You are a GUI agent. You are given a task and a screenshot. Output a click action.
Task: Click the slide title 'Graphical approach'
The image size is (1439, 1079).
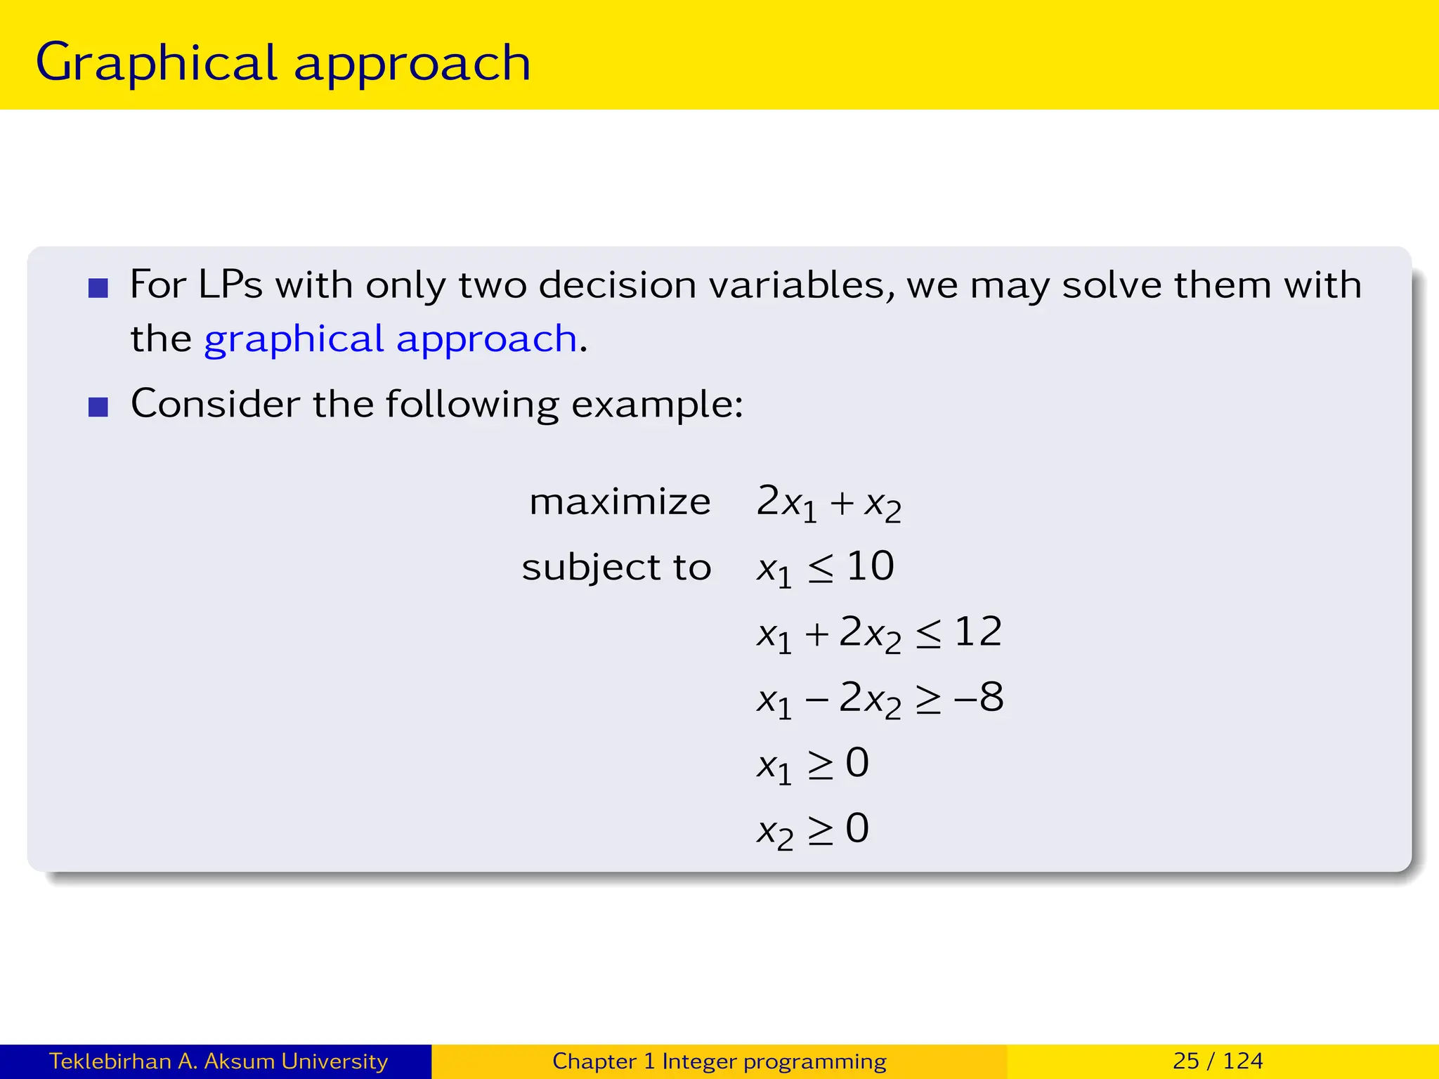pyautogui.click(x=282, y=63)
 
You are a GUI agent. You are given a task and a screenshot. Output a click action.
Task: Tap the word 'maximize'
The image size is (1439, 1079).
pyautogui.click(x=620, y=502)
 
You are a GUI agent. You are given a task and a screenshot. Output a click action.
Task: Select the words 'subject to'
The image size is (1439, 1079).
pyautogui.click(x=616, y=568)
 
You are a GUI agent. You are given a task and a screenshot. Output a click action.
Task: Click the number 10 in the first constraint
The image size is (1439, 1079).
pyautogui.click(x=870, y=566)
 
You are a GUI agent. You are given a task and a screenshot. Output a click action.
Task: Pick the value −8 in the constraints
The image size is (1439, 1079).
pyautogui.click(x=979, y=698)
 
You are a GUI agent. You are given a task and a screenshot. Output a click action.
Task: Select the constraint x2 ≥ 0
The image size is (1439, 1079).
pyautogui.click(x=812, y=830)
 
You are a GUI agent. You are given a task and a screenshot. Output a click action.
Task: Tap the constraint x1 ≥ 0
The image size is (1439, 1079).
pyautogui.click(x=812, y=764)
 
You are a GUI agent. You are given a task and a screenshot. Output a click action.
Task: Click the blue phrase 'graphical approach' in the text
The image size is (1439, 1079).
pyautogui.click(x=390, y=339)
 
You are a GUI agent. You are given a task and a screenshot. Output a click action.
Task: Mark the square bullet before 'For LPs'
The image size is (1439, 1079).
pyautogui.click(x=98, y=288)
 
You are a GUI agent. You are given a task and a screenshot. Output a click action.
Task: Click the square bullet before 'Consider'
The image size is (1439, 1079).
pyautogui.click(x=98, y=407)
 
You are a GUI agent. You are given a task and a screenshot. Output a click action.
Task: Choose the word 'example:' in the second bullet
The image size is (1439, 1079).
pyautogui.click(x=657, y=405)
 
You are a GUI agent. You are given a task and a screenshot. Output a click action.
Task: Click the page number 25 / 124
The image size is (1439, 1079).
pyautogui.click(x=1218, y=1061)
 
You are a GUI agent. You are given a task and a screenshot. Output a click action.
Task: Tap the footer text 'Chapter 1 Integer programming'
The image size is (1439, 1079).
pyautogui.click(x=719, y=1061)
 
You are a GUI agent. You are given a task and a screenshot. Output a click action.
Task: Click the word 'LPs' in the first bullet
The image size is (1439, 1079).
pyautogui.click(x=230, y=285)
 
